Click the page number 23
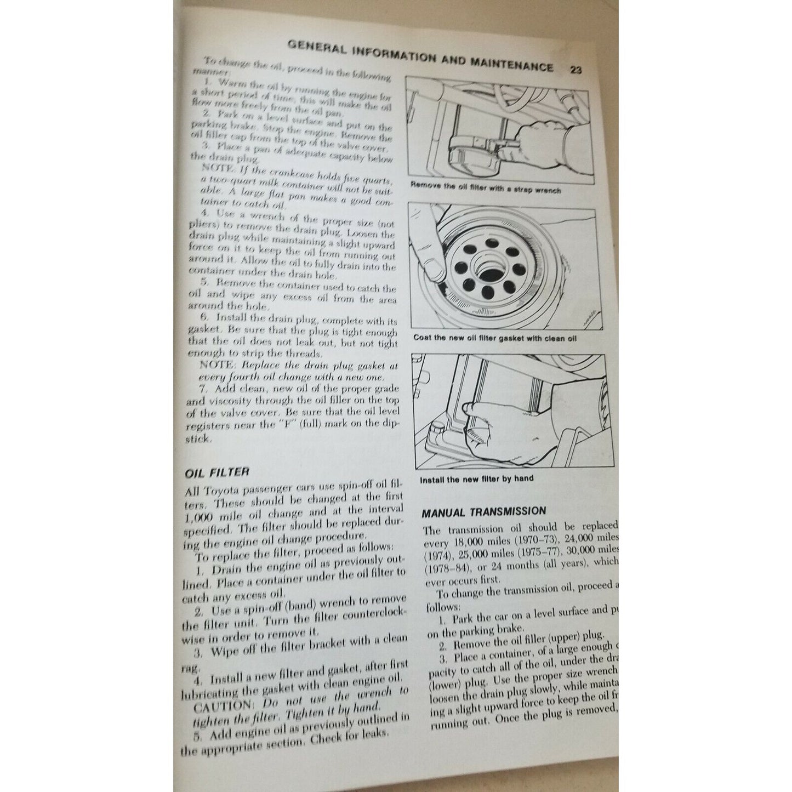point(576,70)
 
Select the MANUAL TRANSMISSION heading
point(483,512)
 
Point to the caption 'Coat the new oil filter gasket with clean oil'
point(495,338)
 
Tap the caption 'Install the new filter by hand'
point(476,478)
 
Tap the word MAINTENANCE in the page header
point(511,65)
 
